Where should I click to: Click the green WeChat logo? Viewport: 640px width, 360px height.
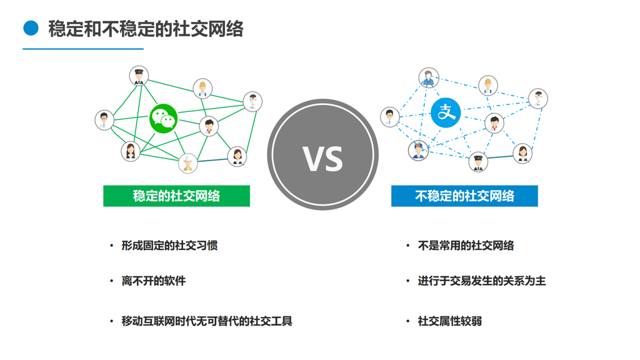163,118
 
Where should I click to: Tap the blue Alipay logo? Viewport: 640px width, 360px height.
446,113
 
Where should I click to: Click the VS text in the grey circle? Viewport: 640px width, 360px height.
323,157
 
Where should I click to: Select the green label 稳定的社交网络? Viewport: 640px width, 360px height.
176,196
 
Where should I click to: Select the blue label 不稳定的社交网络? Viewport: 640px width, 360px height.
464,196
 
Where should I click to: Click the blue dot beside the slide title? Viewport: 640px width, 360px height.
31,28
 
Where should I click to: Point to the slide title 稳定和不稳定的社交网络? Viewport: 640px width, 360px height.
146,29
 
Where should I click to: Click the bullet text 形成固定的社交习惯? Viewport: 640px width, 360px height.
169,246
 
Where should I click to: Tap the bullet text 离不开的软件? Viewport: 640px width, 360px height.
154,281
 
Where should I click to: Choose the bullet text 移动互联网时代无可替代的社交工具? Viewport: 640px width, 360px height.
207,321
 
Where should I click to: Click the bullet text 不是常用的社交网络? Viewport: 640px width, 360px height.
466,246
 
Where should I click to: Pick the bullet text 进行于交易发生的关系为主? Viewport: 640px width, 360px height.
482,281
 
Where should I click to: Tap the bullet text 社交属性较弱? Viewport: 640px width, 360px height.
450,321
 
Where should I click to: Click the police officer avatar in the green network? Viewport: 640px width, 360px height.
139,76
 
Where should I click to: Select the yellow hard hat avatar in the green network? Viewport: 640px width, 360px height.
202,88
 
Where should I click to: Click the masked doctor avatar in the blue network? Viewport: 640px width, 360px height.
537,98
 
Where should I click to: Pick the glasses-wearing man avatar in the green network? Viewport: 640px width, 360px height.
104,119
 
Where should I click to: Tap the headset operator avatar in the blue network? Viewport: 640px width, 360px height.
429,78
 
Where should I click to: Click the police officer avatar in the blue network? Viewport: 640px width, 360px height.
478,161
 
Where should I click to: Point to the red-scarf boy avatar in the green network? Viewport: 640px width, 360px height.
209,126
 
